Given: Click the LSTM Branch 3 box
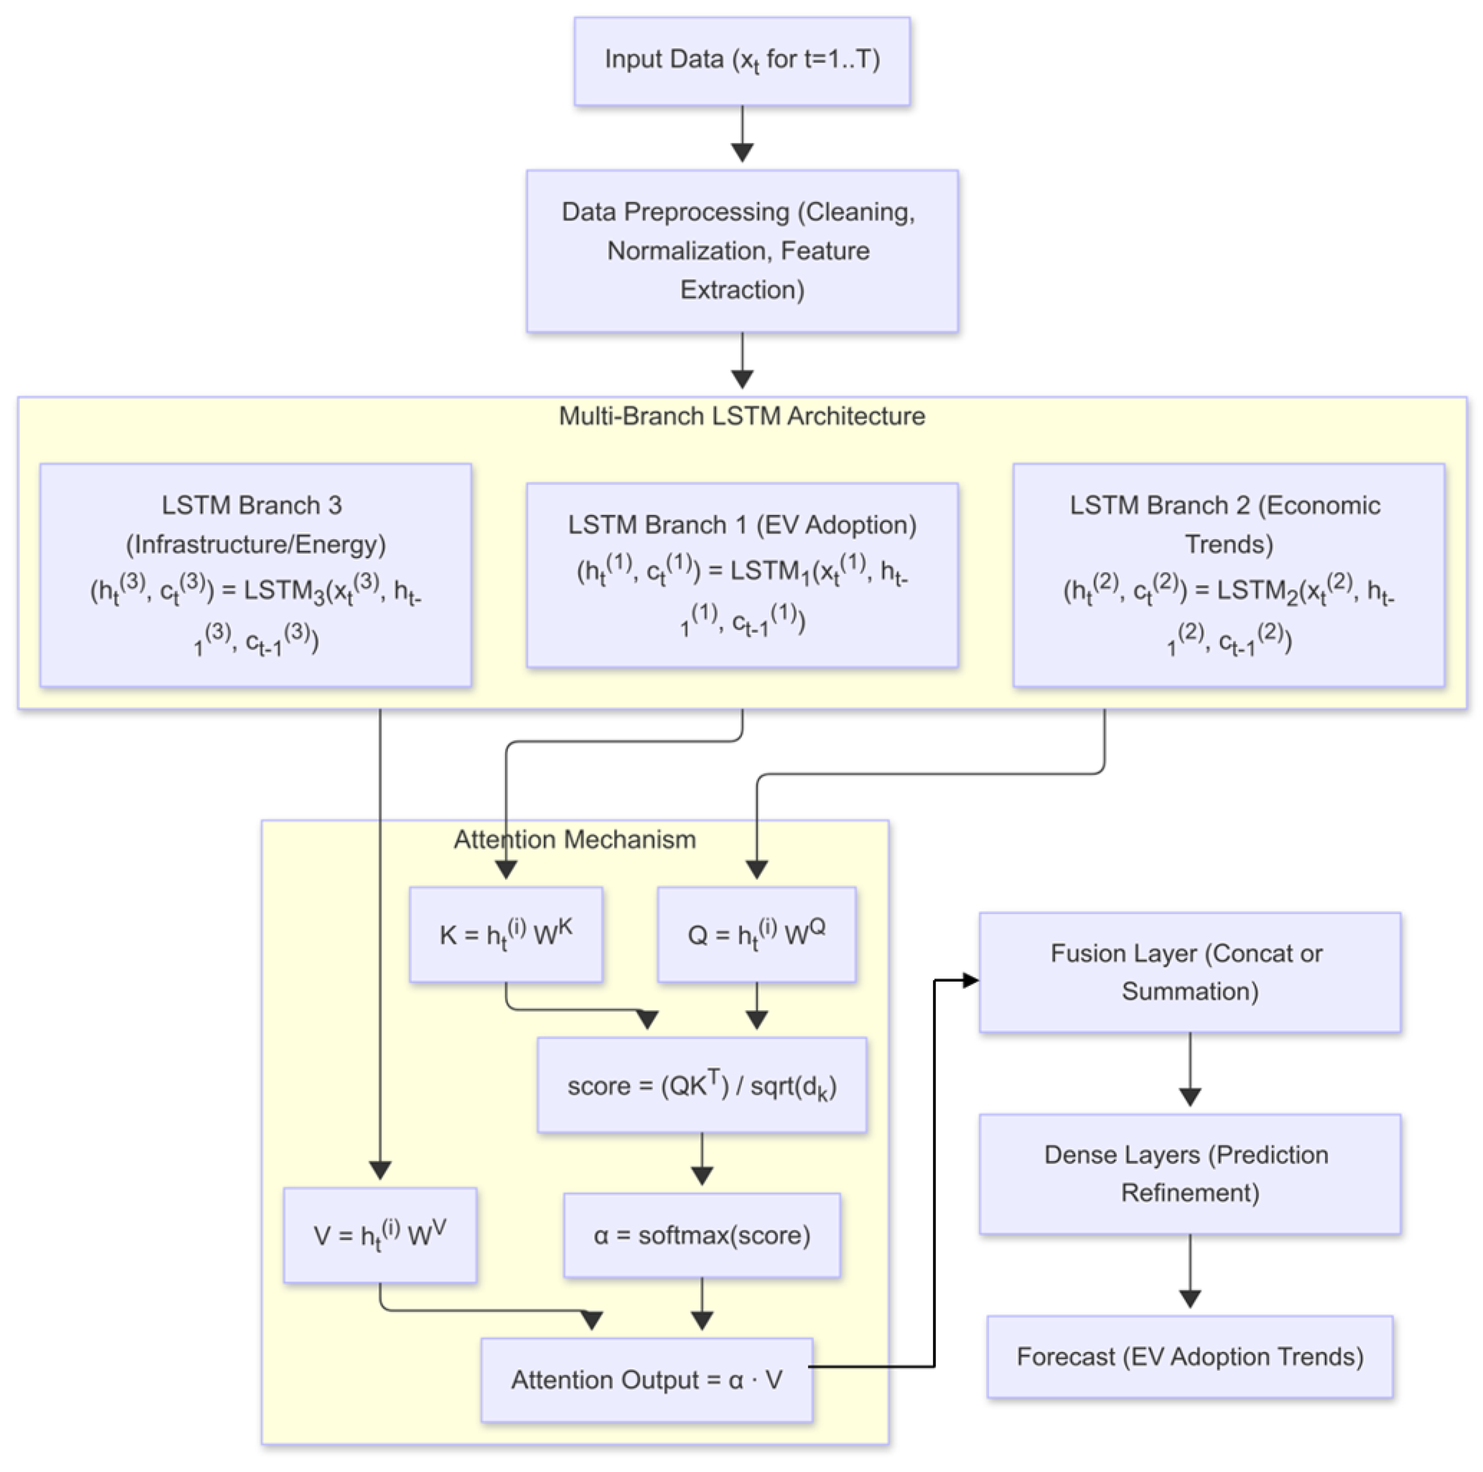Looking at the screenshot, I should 256,574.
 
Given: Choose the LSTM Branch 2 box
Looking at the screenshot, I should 1228,574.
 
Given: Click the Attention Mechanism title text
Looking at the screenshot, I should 574,840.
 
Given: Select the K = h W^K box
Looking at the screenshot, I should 506,935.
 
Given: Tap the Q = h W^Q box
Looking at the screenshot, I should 756,935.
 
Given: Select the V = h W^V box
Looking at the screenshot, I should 380,1235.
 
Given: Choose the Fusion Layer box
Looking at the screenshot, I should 1189,972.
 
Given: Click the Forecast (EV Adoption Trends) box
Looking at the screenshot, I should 1189,1357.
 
